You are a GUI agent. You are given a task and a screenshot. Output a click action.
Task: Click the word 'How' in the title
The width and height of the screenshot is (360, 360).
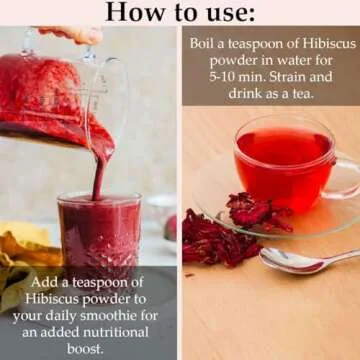point(130,12)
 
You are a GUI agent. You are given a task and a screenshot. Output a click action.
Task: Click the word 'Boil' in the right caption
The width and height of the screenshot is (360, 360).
point(205,44)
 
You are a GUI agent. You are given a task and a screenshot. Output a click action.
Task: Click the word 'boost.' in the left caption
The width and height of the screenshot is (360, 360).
point(90,348)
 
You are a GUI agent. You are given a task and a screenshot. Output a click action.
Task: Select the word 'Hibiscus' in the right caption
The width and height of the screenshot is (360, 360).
point(305,44)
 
